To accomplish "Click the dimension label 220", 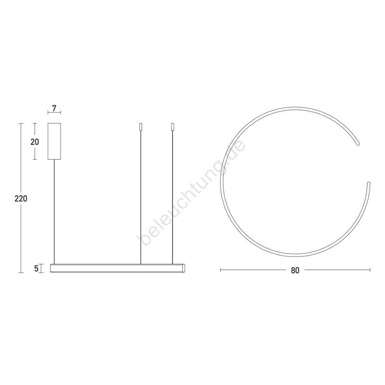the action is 21,198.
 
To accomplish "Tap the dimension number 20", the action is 35,142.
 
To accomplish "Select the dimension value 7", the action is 54,108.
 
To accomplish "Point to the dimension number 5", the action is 36,269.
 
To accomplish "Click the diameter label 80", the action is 295,270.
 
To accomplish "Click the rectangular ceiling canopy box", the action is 54,141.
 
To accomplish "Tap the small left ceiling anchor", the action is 141,127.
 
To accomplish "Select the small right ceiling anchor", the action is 172,127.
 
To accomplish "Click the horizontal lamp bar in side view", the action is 117,268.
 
